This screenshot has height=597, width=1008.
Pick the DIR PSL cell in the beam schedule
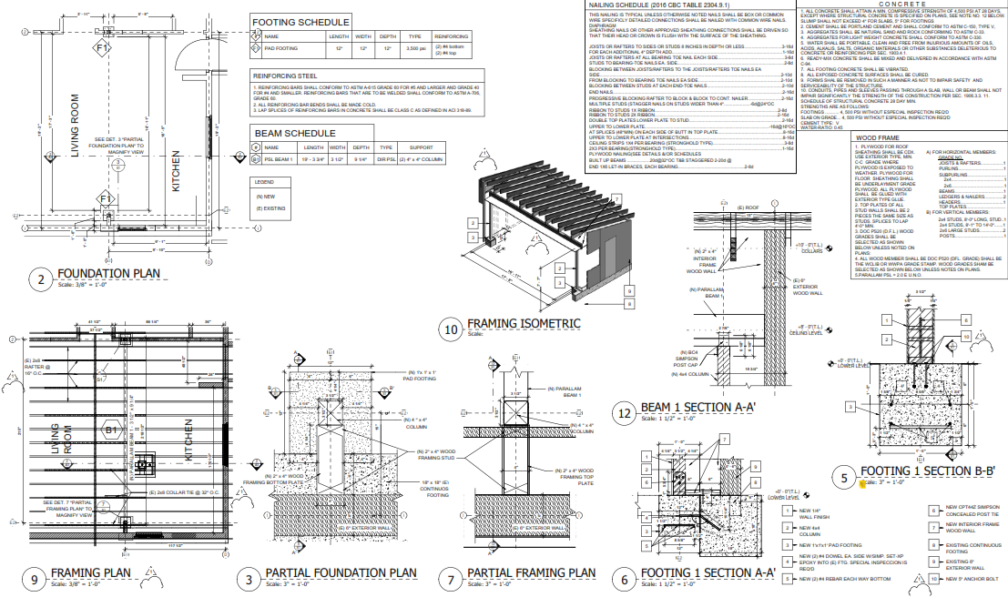pos(386,157)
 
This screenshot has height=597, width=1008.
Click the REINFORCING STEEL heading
pos(286,77)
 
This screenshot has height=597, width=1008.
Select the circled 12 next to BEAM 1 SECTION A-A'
pos(624,414)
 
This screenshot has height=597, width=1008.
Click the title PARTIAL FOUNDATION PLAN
pos(341,573)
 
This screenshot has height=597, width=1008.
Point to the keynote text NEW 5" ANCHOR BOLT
pos(974,579)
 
